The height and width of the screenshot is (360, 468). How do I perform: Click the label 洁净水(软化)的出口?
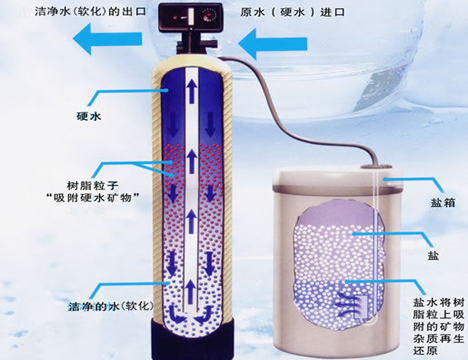[x=91, y=12]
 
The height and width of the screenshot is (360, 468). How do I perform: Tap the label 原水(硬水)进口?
[x=292, y=12]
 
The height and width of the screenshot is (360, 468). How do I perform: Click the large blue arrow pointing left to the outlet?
[x=108, y=39]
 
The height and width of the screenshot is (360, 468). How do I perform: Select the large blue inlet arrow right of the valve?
[x=273, y=44]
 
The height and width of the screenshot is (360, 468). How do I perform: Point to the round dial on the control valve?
[x=210, y=16]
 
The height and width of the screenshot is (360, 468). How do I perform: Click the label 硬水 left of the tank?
[x=89, y=116]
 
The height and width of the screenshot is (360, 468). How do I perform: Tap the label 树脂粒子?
[x=93, y=186]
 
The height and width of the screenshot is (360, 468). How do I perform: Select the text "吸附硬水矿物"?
[x=93, y=198]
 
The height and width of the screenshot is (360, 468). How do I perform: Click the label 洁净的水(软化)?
[x=111, y=306]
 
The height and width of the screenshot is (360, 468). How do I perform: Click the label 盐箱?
[x=443, y=202]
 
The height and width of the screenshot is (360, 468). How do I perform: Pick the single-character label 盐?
[x=433, y=256]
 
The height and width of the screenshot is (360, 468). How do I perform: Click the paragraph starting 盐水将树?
[x=439, y=327]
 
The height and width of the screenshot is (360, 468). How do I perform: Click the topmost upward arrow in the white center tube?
[x=191, y=92]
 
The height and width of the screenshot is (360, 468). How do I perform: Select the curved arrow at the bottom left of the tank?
[x=177, y=313]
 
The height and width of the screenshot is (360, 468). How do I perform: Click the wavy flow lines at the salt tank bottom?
[x=347, y=303]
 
